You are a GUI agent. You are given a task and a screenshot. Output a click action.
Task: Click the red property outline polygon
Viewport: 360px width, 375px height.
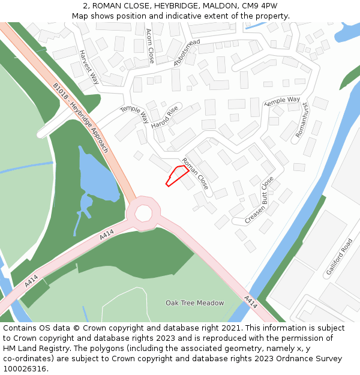pyautogui.click(x=176, y=176)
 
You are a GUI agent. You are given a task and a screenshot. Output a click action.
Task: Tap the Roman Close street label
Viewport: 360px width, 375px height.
pyautogui.click(x=195, y=174)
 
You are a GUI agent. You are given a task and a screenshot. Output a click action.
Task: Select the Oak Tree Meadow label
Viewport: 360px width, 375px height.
pyautogui.click(x=194, y=303)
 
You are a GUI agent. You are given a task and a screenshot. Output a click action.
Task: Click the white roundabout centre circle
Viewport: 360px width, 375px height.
pyautogui.click(x=143, y=212)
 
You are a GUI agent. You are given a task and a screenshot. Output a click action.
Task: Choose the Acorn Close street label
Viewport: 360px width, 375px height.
pyautogui.click(x=151, y=46)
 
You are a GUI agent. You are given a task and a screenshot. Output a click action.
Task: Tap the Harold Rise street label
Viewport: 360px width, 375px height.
pyautogui.click(x=165, y=116)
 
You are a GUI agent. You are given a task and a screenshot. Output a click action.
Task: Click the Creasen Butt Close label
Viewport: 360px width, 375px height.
pyautogui.click(x=259, y=200)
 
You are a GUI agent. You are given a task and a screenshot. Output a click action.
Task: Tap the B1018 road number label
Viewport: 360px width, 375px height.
pyautogui.click(x=61, y=92)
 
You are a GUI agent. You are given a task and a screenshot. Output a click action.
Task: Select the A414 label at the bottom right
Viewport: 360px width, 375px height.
pyautogui.click(x=251, y=302)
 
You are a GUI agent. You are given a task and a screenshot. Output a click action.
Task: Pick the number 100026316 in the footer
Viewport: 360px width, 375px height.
pyautogui.click(x=25, y=368)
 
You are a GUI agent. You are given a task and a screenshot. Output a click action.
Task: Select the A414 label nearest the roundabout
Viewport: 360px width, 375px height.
pyautogui.click(x=106, y=238)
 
